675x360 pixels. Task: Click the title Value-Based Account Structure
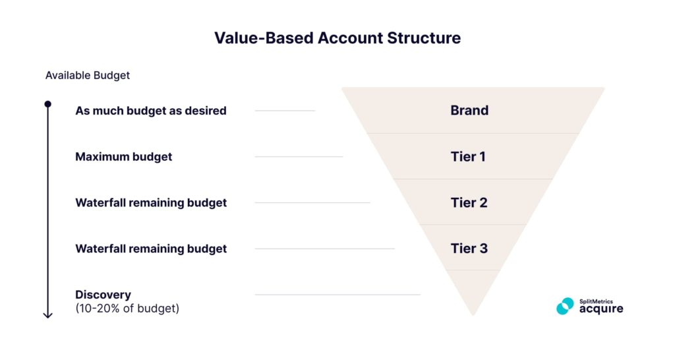337,38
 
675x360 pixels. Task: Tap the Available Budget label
87,75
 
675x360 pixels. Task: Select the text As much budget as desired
150,111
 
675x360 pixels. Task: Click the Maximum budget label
123,157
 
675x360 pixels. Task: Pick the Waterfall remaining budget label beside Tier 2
150,202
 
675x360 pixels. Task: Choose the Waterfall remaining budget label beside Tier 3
150,249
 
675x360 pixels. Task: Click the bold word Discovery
103,295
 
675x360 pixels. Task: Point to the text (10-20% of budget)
127,308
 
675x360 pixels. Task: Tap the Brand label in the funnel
469,111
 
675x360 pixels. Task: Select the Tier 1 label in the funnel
468,157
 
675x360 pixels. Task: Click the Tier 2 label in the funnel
469,202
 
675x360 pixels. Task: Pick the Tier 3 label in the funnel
469,249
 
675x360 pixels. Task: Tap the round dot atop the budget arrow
47,104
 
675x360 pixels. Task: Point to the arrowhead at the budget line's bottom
47,315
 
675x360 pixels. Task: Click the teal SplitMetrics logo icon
565,306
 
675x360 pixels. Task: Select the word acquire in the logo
601,309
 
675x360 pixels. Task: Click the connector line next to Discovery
337,295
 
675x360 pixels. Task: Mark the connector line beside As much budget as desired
285,111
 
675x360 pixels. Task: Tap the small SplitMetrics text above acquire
595,301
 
